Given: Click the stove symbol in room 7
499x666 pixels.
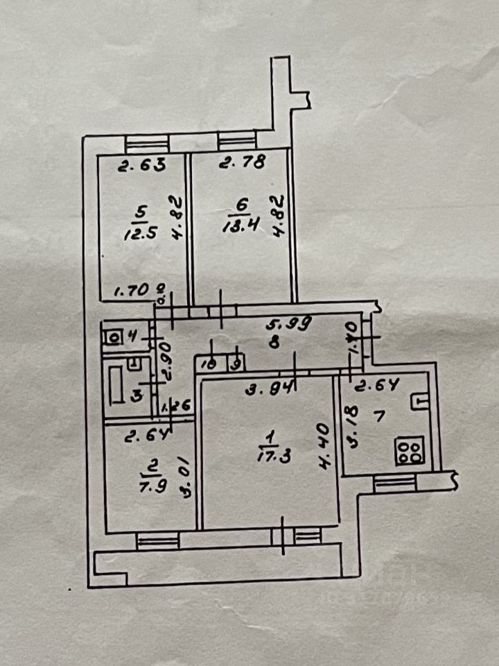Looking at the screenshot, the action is [x=409, y=452].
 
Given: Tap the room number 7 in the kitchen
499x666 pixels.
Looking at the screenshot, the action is [x=378, y=420].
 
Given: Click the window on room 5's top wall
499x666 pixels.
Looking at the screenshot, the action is [x=147, y=144].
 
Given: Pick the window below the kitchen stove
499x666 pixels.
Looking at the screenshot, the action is [x=394, y=482].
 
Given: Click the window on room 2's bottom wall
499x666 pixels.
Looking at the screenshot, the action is [x=158, y=540].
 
